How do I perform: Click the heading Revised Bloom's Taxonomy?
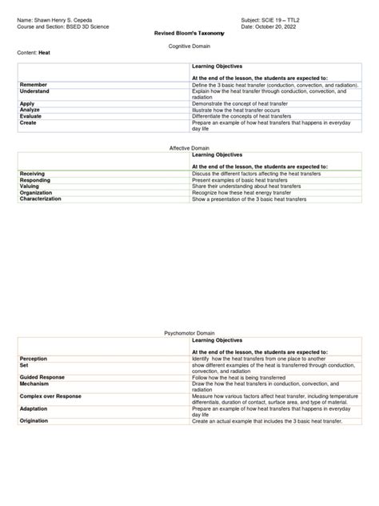pos(189,34)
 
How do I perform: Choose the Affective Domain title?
pos(189,149)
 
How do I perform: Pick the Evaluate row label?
pos(31,115)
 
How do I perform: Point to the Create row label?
pos(29,122)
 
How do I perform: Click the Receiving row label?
pos(33,173)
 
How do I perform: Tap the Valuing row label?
pos(30,186)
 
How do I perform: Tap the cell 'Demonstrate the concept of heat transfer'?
pos(242,103)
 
